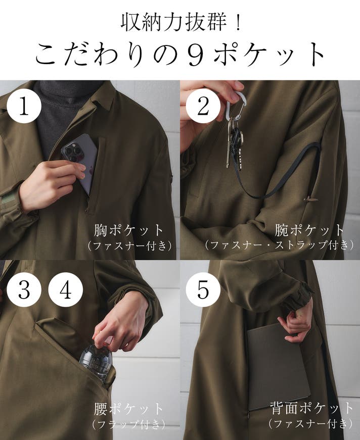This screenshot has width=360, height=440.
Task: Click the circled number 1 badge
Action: click(x=24, y=106)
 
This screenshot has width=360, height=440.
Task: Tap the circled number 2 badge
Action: click(x=203, y=106)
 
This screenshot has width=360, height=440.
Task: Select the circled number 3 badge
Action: click(x=24, y=289)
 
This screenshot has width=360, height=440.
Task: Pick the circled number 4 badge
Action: click(x=65, y=289)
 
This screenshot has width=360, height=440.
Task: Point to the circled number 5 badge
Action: click(x=203, y=289)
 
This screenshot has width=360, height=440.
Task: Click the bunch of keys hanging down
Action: click(x=235, y=143)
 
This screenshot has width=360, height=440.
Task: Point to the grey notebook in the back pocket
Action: click(x=278, y=365)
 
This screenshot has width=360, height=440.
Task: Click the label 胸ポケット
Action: click(x=128, y=230)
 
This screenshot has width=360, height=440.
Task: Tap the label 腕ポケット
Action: click(x=309, y=230)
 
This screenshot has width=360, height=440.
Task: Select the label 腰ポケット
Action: click(x=128, y=409)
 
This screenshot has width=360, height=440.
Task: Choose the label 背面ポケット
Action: click(x=311, y=408)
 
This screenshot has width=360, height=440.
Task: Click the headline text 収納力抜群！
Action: click(x=181, y=22)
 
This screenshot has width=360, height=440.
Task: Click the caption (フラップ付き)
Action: click(x=128, y=424)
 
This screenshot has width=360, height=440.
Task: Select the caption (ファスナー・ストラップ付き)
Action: click(x=279, y=245)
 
